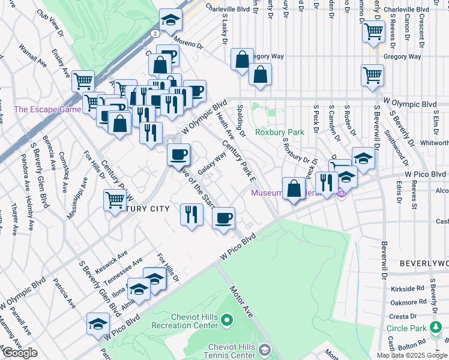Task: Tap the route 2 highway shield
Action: pos(155,33)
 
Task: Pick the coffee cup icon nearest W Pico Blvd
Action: pos(224,218)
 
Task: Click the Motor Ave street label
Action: pos(241,299)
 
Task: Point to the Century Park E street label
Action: pos(238,160)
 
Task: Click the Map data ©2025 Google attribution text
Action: pos(411,355)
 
